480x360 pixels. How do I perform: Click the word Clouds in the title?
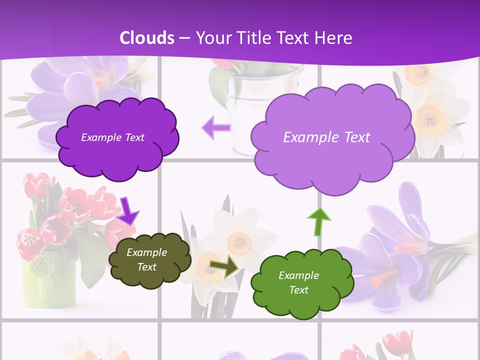147,38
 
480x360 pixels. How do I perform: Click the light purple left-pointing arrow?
216,127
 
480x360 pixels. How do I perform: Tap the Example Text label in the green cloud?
298,282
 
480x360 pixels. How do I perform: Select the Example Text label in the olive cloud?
146,259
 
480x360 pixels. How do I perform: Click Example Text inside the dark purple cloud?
112,137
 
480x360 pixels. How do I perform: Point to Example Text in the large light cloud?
326,137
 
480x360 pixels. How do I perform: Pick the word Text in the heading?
295,38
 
